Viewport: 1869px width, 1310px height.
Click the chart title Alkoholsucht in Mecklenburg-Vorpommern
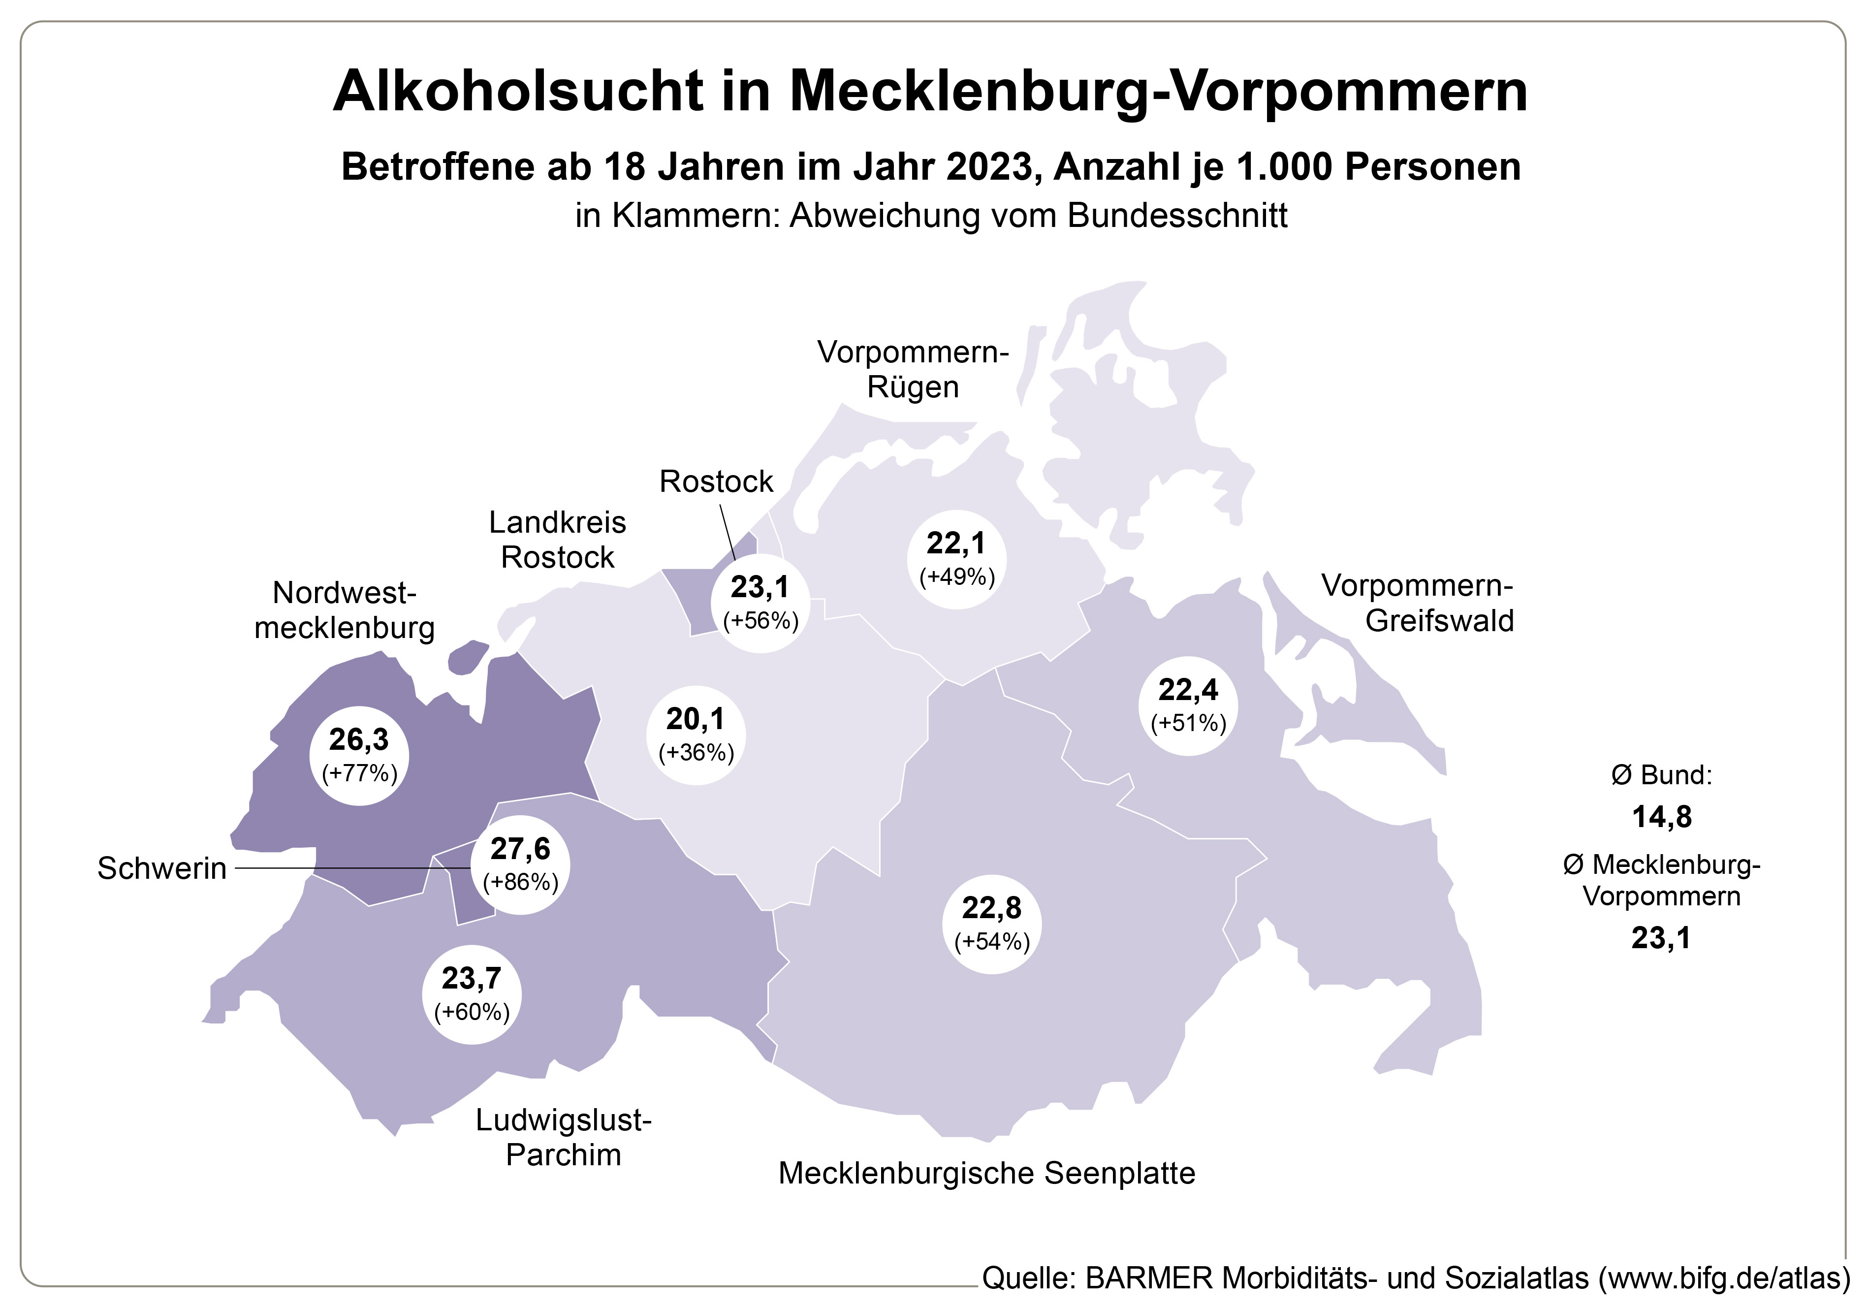[x=930, y=91]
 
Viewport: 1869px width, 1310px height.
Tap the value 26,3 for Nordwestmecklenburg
[x=358, y=739]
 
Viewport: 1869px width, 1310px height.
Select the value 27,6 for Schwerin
[x=520, y=849]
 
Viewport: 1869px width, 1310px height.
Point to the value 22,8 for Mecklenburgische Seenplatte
[x=991, y=908]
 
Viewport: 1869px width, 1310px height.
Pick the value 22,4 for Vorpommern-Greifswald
[x=1188, y=690]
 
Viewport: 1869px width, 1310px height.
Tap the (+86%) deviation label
[x=520, y=882]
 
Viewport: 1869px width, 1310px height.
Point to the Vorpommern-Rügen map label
[x=913, y=370]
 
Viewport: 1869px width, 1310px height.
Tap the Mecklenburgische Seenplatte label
[x=986, y=1173]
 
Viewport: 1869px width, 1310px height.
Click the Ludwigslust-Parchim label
[x=563, y=1137]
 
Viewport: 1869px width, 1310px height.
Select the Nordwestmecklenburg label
[x=345, y=610]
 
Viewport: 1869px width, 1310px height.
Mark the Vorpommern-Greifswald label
[x=1417, y=603]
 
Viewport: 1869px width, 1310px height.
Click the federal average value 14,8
[x=1661, y=817]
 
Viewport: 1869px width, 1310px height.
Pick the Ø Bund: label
[x=1661, y=775]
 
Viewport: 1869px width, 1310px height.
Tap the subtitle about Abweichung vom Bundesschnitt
[x=931, y=216]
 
